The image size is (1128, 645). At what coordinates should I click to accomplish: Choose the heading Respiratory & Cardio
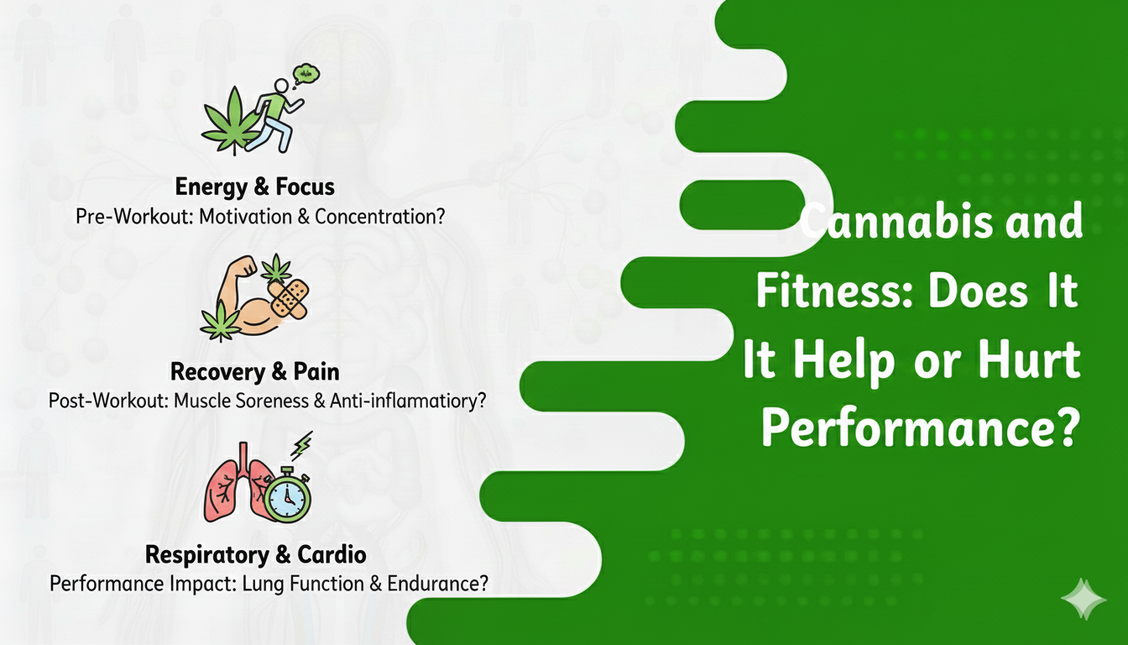pyautogui.click(x=256, y=554)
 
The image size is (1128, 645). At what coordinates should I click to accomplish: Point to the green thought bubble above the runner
pyautogui.click(x=307, y=76)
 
